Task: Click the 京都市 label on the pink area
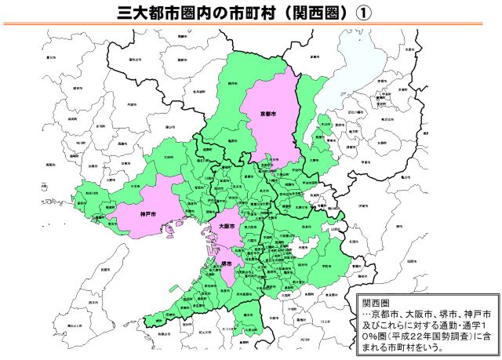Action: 268,114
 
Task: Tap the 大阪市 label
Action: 227,226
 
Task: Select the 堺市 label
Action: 226,264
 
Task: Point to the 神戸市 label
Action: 149,213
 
